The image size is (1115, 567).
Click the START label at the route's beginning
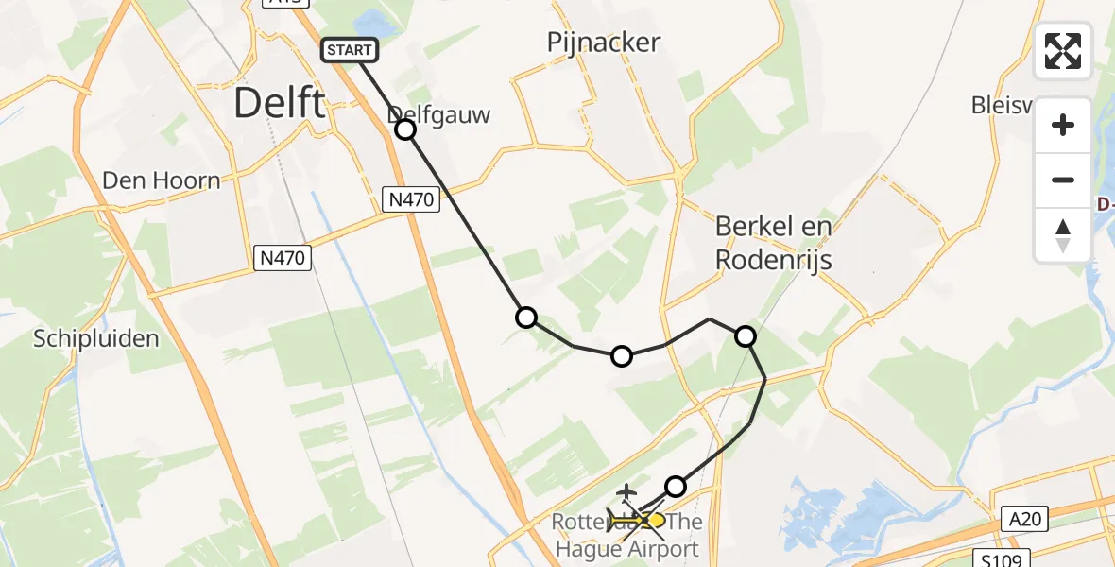(352, 50)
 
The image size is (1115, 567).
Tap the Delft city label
(279, 102)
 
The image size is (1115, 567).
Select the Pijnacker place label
(603, 43)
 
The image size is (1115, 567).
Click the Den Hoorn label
(162, 180)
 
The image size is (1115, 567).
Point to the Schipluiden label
(95, 339)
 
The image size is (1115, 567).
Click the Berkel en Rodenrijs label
(773, 243)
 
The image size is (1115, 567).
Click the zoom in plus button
(1063, 126)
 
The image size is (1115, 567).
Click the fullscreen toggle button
(1063, 51)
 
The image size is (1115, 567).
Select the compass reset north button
(1063, 235)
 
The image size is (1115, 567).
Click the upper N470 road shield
(411, 198)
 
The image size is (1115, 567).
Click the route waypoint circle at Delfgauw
(405, 129)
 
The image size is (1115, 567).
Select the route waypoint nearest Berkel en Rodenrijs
(746, 335)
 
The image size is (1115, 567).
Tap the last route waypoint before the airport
(676, 487)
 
